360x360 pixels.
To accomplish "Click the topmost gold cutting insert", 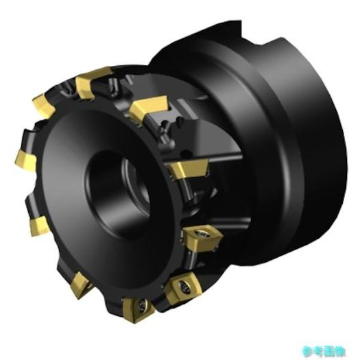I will click(93, 82).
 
